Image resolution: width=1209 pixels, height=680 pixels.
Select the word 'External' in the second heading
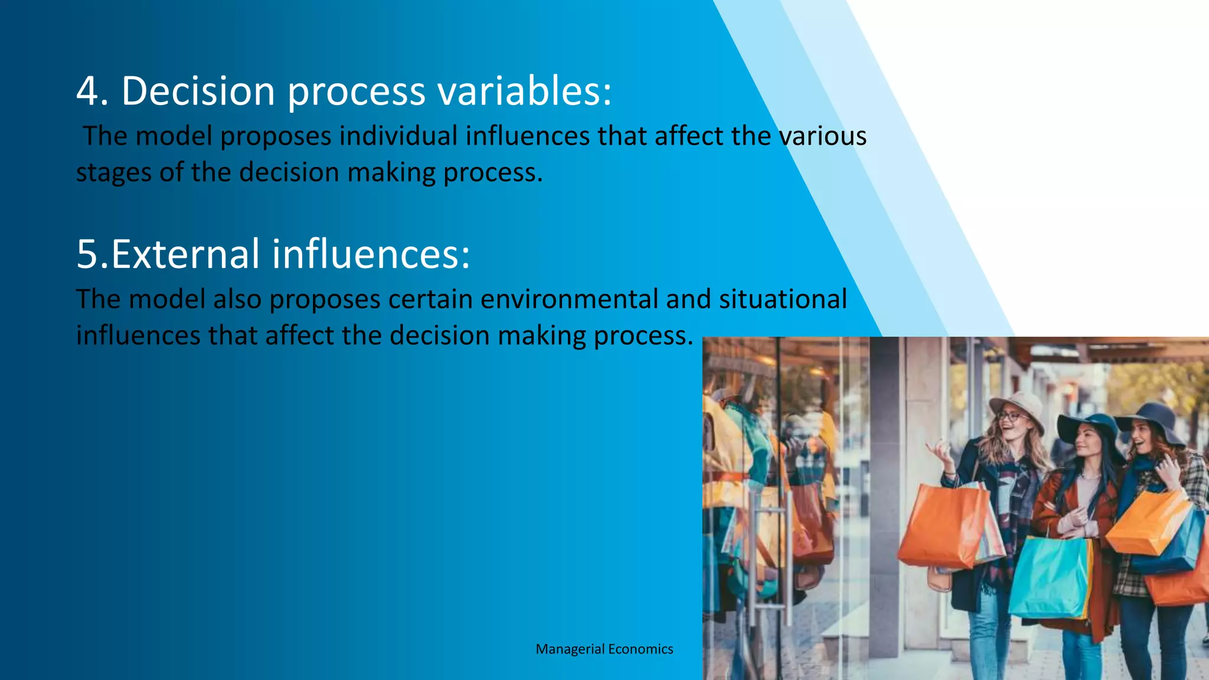pyautogui.click(x=185, y=254)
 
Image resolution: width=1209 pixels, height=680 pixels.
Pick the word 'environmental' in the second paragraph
pyautogui.click(x=568, y=299)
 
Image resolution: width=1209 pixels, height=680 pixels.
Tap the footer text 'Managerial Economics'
pyautogui.click(x=604, y=649)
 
